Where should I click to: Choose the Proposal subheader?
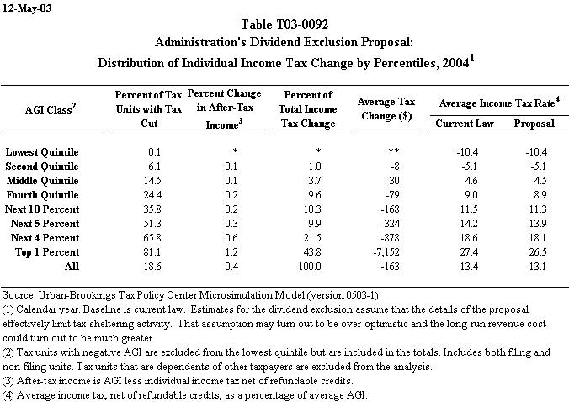(534, 124)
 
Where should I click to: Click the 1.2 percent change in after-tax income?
(229, 251)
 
